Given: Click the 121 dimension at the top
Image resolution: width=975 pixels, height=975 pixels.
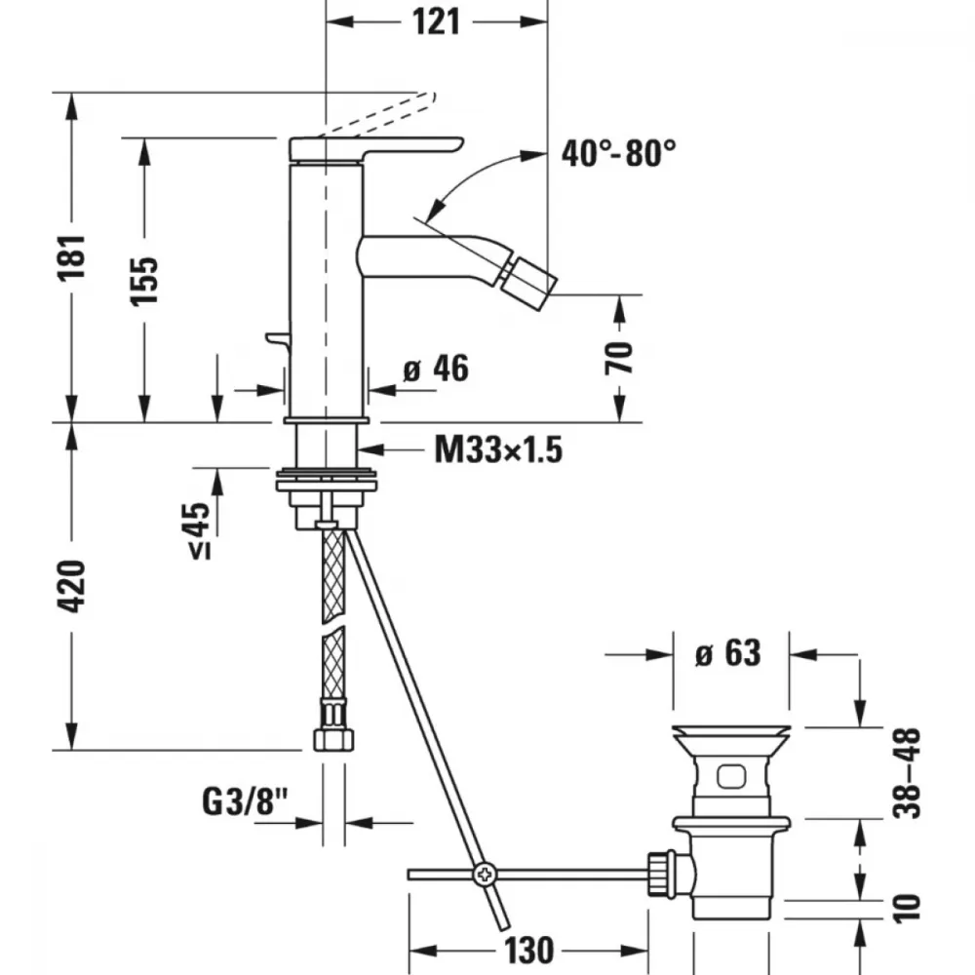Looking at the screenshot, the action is click(437, 22).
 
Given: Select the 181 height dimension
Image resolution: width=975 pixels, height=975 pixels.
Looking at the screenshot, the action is click(71, 257).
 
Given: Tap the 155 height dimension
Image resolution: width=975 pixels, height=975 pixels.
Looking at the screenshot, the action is click(144, 280).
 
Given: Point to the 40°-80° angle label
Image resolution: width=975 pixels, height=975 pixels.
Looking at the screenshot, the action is click(619, 153).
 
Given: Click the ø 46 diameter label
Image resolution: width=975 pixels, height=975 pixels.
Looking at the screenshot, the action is click(436, 369).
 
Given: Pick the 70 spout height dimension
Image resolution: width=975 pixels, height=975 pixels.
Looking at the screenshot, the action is click(619, 358).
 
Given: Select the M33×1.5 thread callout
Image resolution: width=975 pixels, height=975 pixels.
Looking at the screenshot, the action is click(498, 449).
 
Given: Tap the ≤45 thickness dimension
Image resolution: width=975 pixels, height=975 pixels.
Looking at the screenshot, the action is click(200, 530).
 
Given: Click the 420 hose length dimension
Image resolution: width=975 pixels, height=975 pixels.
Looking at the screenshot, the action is click(71, 586).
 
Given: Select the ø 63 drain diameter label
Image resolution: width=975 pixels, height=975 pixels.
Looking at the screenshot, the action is click(728, 653).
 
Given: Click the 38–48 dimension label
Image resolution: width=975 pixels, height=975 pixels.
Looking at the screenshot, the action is click(906, 773).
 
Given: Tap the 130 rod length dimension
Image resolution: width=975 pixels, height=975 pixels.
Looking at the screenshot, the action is click(528, 950).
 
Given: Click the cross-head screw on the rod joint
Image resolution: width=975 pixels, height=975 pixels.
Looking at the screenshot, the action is click(485, 875).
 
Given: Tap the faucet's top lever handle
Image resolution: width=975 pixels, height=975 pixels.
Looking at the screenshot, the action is click(376, 148).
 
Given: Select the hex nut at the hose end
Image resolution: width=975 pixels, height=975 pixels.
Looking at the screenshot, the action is click(333, 739).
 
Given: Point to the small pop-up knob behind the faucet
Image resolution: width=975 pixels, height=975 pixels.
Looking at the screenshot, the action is click(277, 339).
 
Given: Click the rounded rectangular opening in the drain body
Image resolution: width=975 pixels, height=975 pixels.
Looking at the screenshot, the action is click(731, 776).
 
